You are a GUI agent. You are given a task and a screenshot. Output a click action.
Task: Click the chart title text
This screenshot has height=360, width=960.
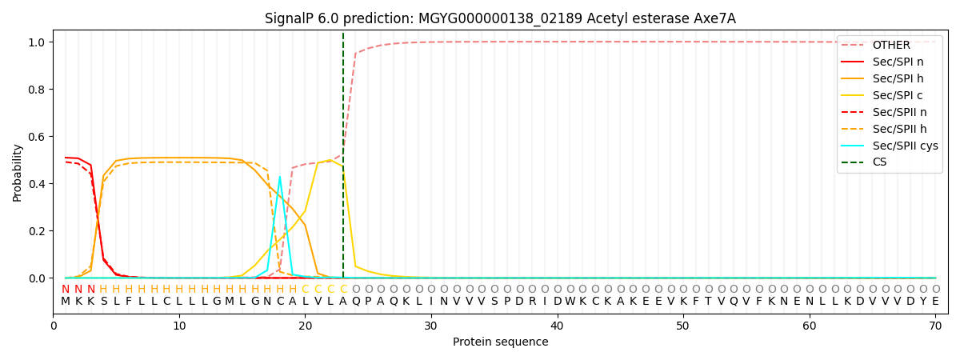500,18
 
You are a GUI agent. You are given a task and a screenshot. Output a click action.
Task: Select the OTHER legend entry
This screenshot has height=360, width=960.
888,45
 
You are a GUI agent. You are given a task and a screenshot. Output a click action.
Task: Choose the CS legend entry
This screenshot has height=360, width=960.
880,162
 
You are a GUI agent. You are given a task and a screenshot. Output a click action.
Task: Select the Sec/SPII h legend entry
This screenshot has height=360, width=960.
897,129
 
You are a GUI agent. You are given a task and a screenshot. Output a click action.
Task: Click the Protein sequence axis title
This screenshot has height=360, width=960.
500,342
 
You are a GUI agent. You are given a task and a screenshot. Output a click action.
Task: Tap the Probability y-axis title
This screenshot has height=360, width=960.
17,172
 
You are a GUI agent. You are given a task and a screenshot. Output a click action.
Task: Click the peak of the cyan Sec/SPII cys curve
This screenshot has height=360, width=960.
279,176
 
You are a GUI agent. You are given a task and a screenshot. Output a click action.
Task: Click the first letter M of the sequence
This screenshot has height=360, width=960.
66,302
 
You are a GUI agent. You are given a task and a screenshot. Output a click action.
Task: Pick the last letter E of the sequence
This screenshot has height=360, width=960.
935,302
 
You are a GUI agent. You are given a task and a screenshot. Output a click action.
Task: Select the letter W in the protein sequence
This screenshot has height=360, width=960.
570,302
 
